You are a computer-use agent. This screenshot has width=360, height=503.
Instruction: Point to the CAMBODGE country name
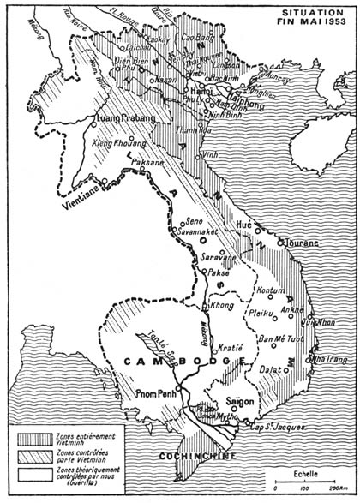pos(171,363)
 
